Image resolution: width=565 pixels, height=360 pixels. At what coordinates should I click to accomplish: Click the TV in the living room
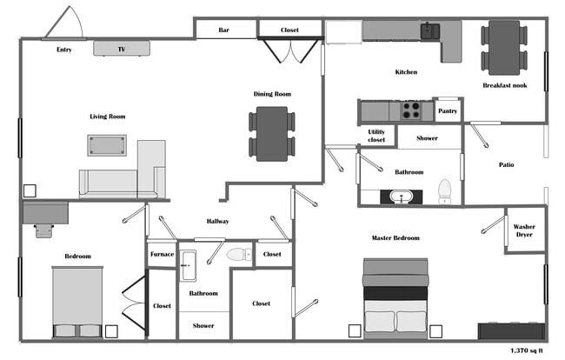(122, 49)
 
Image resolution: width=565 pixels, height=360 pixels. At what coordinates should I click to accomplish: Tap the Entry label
(64, 50)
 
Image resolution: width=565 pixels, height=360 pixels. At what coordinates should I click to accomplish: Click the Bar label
(224, 30)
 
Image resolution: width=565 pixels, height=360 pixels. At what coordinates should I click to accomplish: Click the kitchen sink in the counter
(429, 31)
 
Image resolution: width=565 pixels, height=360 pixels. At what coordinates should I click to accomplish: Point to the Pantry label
(448, 111)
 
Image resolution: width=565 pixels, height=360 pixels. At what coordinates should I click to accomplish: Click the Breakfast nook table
(504, 47)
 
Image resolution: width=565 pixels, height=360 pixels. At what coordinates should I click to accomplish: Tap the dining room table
(271, 133)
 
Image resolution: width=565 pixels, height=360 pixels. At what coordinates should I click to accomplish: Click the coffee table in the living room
(107, 144)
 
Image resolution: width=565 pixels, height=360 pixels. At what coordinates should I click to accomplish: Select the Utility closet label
(376, 135)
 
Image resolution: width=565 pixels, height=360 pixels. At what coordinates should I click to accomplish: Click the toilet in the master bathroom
(445, 190)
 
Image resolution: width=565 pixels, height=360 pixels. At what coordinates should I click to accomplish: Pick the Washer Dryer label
(525, 230)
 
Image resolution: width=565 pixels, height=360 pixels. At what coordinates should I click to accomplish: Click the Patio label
(506, 164)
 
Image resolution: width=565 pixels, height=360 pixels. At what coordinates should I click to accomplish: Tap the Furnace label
(162, 254)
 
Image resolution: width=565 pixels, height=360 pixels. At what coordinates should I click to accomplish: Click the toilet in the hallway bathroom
(238, 255)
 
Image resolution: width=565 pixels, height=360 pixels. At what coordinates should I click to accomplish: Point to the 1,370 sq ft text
(526, 350)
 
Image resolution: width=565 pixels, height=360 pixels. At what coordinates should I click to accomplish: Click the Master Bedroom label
(395, 237)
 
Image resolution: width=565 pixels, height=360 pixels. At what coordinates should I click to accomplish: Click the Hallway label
(217, 221)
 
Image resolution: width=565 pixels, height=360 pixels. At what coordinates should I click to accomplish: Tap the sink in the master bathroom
(402, 196)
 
